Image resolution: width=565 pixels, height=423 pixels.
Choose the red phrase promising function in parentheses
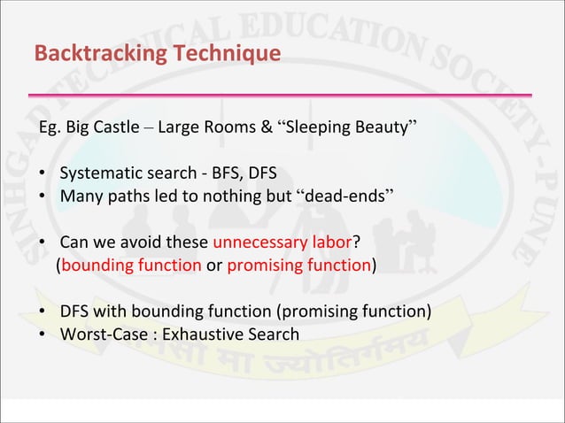298,265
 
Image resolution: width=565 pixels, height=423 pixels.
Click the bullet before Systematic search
43,173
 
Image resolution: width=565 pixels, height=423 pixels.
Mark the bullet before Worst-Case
43,334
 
